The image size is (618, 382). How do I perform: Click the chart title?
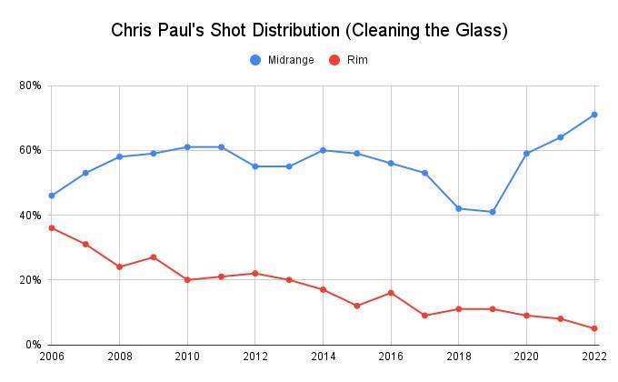309,29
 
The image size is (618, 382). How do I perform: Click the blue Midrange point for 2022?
594,115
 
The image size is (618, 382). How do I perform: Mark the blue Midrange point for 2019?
493,212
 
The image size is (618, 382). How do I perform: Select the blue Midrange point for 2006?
52,196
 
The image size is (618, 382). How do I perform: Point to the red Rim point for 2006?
52,228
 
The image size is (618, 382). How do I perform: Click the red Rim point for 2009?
154,257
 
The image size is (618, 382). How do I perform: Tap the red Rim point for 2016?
391,293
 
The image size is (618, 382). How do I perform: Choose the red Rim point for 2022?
594,328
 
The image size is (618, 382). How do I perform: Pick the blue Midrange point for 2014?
323,150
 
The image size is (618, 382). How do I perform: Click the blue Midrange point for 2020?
526,154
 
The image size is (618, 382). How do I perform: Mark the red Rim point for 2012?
255,274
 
